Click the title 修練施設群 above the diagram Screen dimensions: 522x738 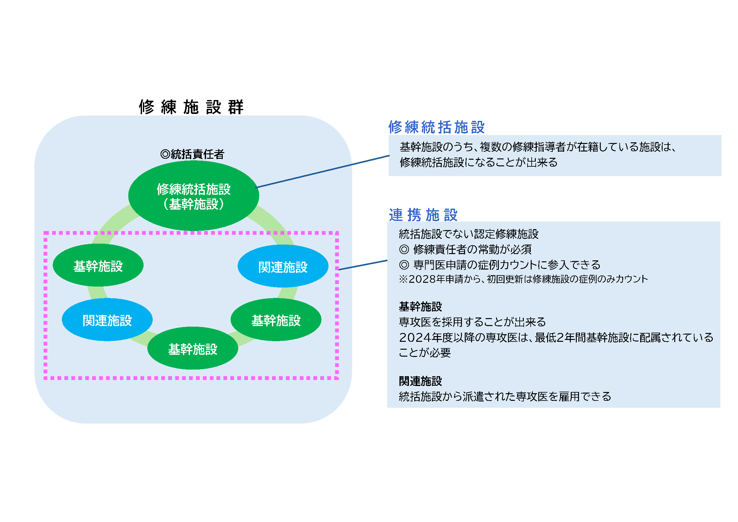(191, 107)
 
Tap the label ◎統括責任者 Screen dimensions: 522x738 (192, 154)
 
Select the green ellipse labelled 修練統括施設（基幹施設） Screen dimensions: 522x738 (193, 196)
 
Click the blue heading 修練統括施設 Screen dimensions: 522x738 (436, 127)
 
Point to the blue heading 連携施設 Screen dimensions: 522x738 (423, 215)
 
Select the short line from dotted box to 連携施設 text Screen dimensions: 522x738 (363, 265)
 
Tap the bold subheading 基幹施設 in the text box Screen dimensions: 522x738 (420, 307)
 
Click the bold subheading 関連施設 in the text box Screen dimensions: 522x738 (420, 382)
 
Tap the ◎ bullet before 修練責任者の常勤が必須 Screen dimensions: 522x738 (404, 249)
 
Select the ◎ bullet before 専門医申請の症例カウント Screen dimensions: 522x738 (404, 265)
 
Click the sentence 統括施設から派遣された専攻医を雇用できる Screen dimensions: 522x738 (505, 397)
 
